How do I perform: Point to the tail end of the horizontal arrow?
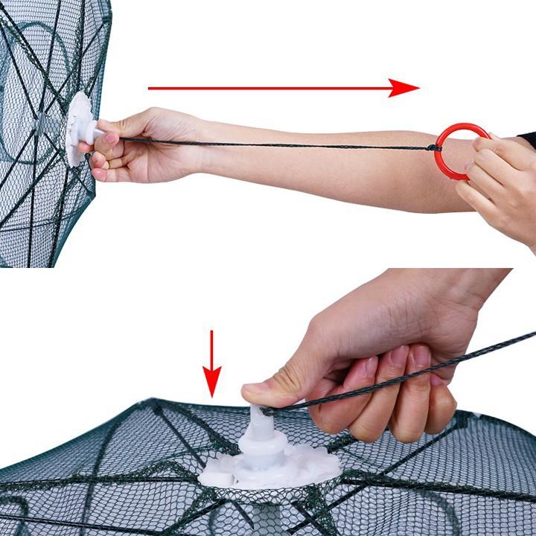[x=152, y=88]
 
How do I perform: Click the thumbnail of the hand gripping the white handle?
[x=110, y=138]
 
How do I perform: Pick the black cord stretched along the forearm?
[x=283, y=144]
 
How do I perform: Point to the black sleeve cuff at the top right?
[x=527, y=139]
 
